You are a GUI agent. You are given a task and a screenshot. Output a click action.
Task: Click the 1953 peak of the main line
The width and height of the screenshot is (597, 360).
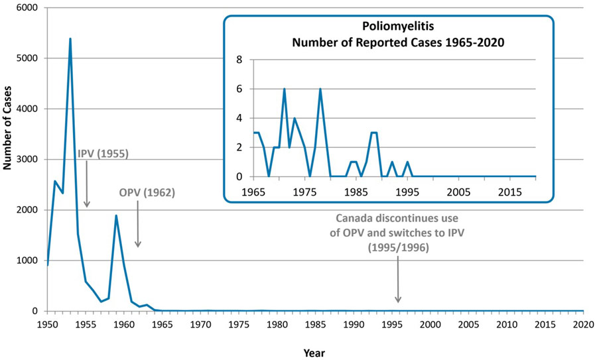[x=70, y=39]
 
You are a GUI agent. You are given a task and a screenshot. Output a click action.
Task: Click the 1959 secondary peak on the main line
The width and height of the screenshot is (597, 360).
[x=116, y=215]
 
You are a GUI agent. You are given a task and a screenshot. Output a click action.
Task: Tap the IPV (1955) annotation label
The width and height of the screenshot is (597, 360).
[x=103, y=154]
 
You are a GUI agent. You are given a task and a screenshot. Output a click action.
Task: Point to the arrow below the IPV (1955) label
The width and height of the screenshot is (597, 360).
[x=87, y=186]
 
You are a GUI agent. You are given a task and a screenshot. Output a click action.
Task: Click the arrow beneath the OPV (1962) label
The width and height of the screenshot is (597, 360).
[x=138, y=225]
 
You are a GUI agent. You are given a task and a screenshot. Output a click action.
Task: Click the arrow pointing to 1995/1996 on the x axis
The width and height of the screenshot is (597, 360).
[x=398, y=278]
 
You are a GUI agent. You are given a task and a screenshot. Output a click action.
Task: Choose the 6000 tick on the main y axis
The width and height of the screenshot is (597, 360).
[x=27, y=8]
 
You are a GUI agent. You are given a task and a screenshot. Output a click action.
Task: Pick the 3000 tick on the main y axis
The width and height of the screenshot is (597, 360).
[x=27, y=160]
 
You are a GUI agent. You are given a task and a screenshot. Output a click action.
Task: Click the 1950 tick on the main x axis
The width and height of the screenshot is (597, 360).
[x=46, y=324]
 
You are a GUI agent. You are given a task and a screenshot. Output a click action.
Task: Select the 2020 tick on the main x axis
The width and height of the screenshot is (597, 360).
[x=583, y=324]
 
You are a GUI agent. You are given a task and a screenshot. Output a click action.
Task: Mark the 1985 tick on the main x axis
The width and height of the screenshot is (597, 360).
[x=314, y=324]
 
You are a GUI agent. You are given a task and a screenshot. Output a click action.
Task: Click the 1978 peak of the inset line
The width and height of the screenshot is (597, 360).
[x=320, y=89]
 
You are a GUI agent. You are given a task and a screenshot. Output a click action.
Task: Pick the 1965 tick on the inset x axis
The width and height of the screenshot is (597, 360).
[x=253, y=192]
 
